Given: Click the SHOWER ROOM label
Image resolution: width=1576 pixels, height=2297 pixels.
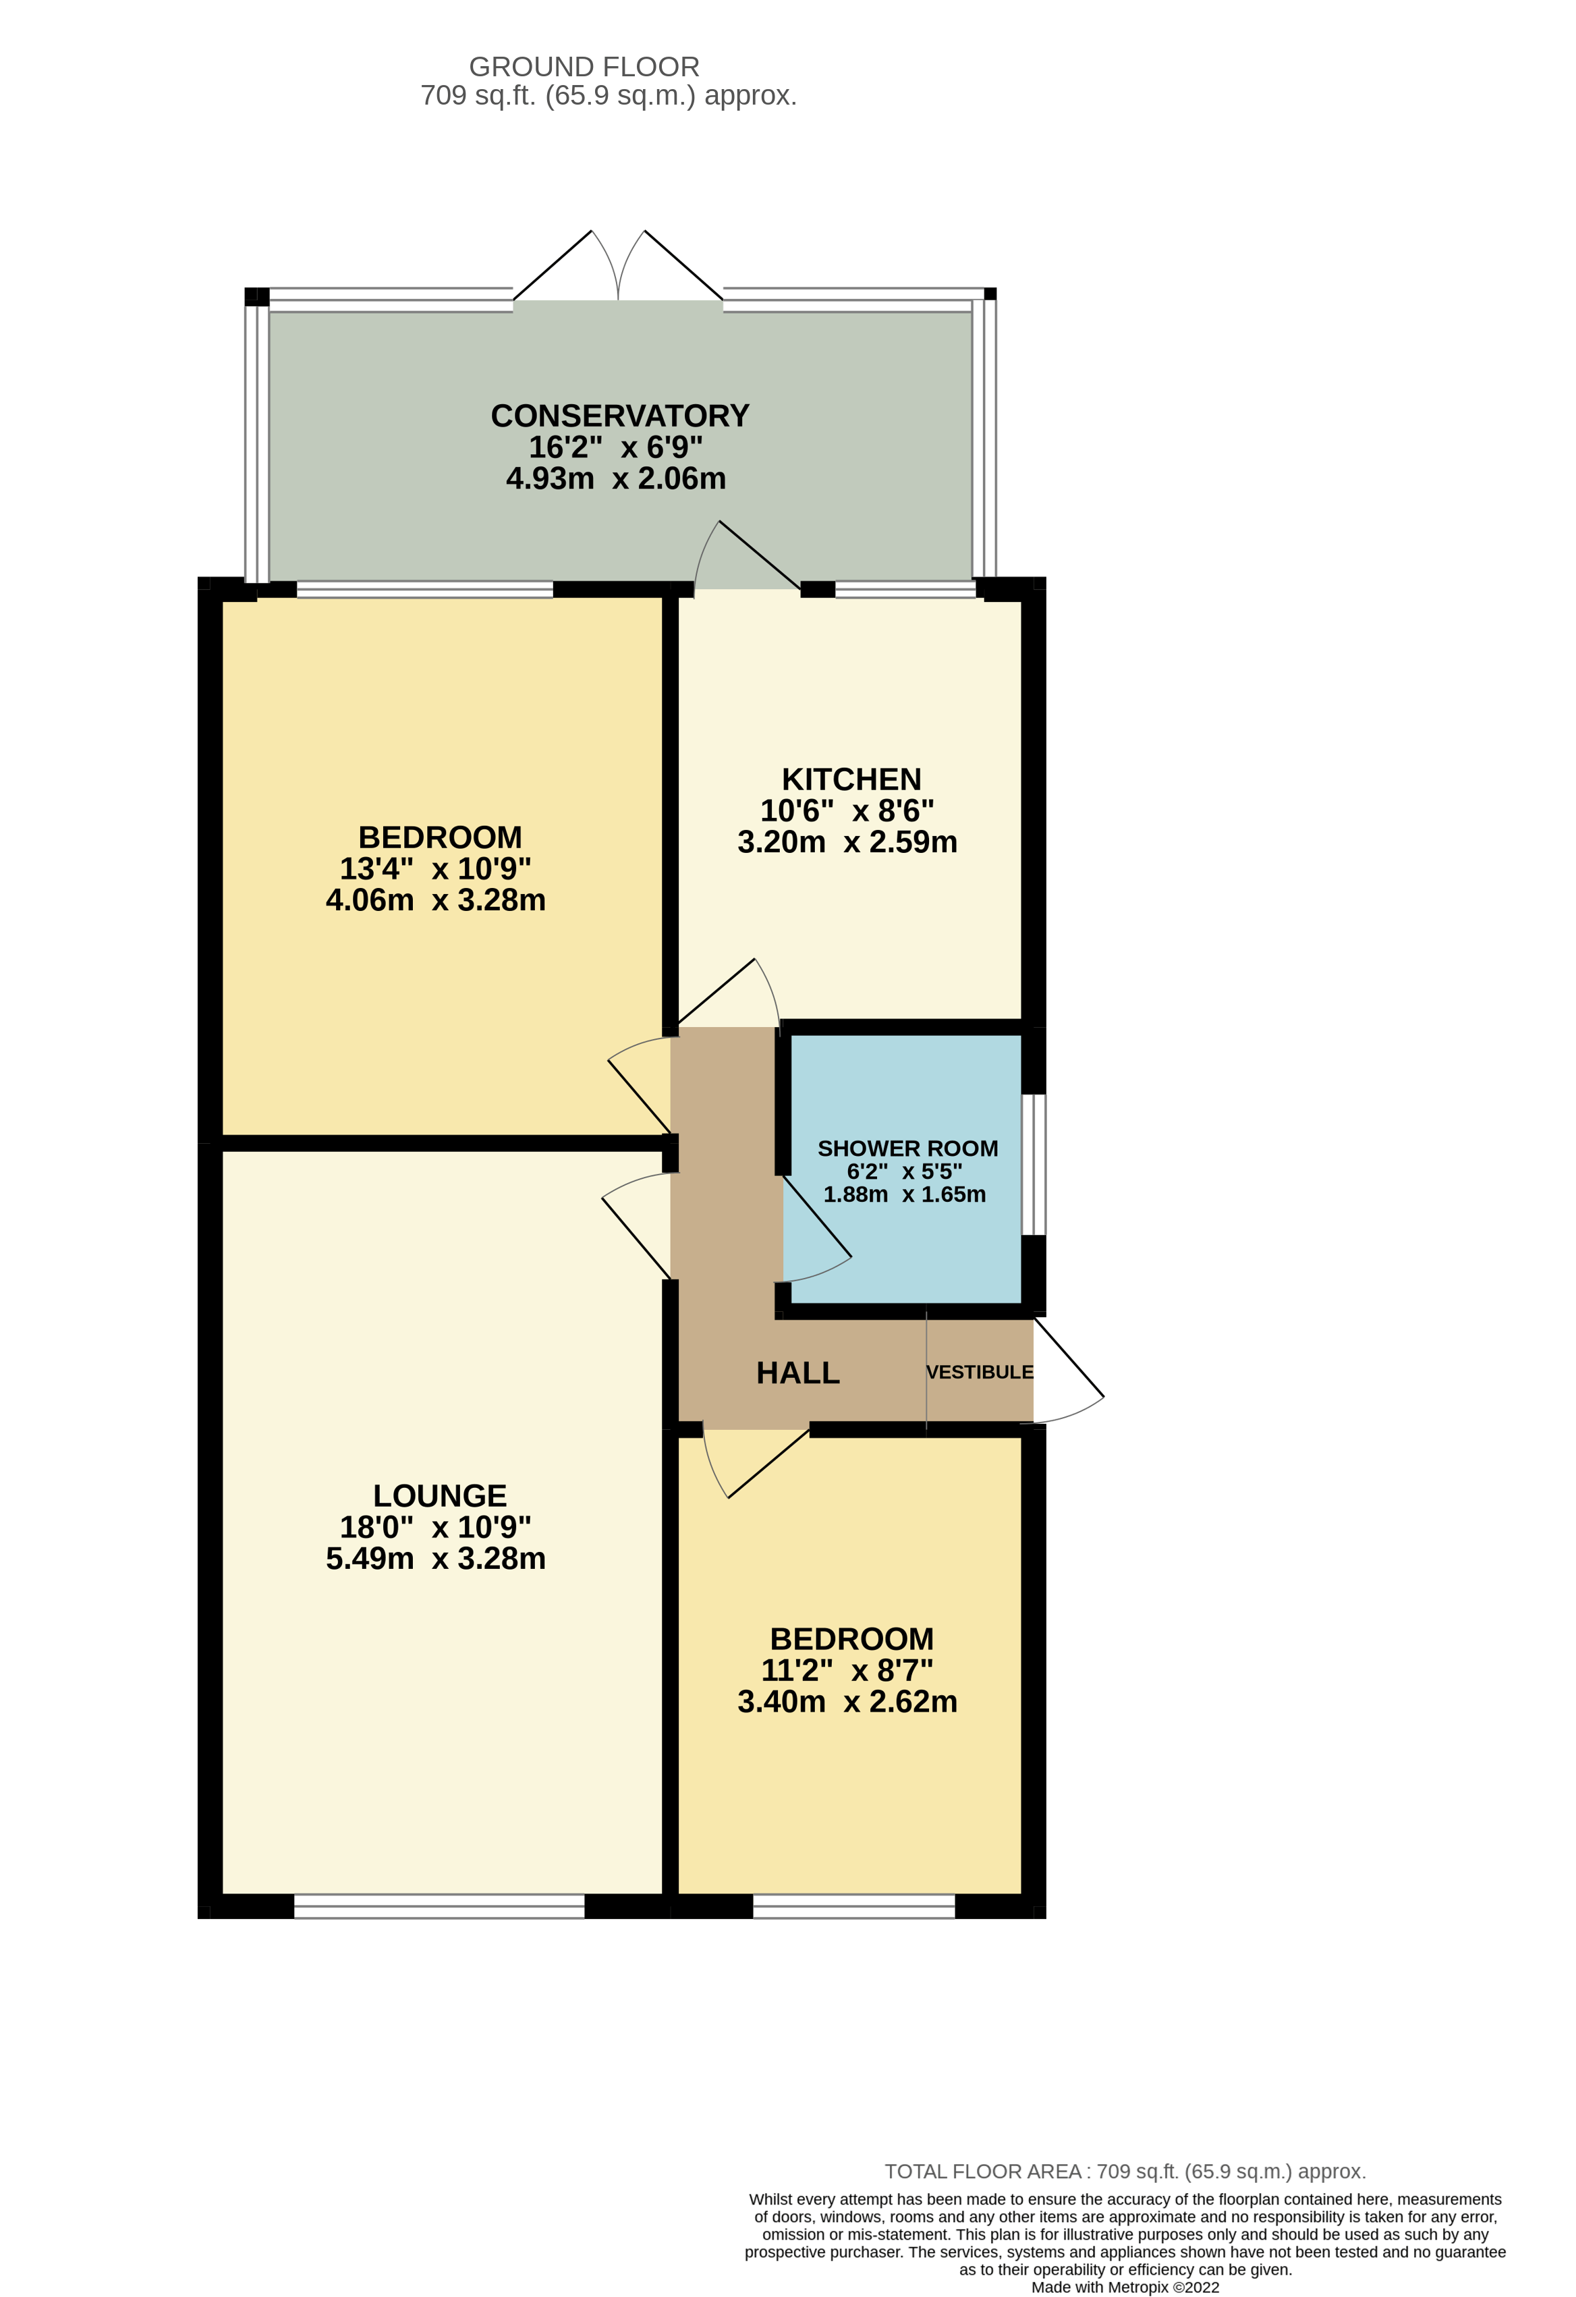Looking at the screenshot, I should pos(907,1148).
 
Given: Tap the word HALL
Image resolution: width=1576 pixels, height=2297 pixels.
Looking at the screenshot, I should pos(797,1373).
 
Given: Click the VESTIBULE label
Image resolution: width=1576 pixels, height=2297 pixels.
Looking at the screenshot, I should pos(979,1372).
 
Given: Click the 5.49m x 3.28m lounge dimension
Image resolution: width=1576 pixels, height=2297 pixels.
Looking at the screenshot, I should pos(436,1559).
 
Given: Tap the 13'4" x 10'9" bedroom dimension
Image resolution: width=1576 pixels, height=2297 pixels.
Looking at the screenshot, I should pos(436,868).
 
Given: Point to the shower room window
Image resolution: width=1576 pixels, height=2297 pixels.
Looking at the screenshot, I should pos(1034,1164).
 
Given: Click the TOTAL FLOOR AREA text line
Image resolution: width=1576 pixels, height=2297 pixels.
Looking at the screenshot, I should pos(1125,2171).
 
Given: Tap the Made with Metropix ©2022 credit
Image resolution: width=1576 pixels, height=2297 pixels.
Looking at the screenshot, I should pos(1125,2287).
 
